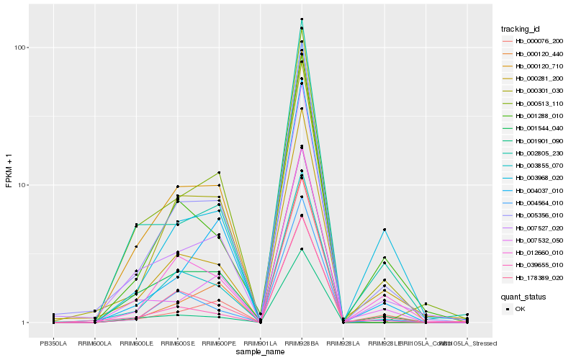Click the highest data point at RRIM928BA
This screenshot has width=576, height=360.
(302, 19)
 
